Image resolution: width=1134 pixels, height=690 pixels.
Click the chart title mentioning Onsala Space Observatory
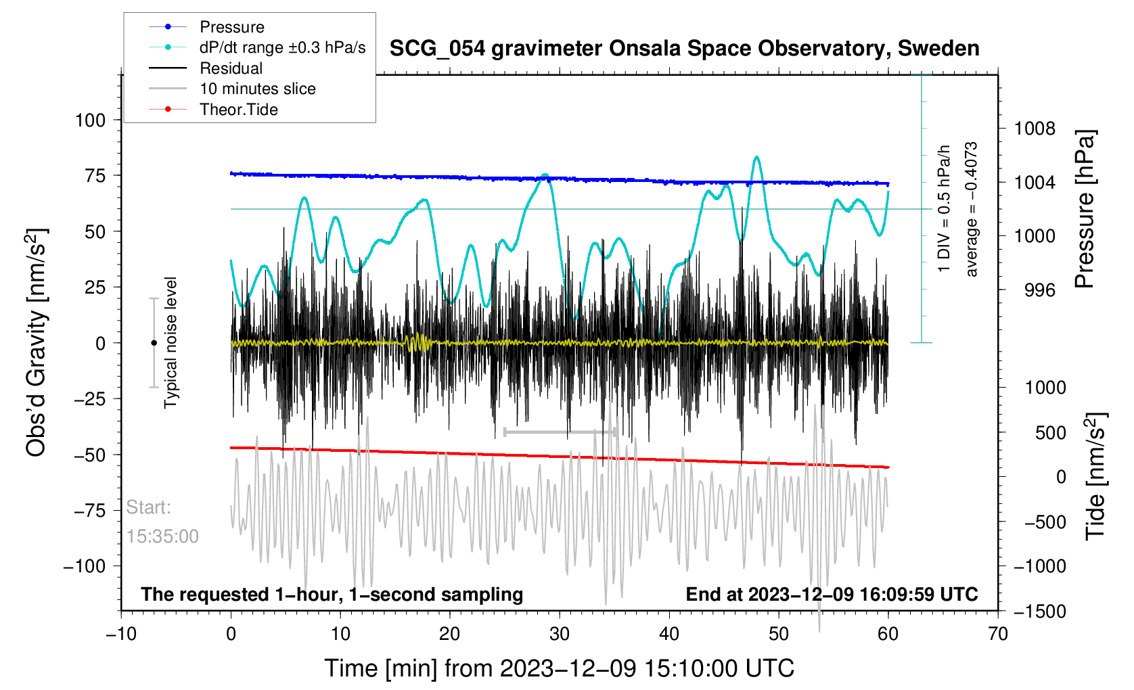click(x=684, y=49)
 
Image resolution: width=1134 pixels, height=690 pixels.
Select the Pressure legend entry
click(x=231, y=27)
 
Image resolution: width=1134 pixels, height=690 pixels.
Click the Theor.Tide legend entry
click(x=238, y=110)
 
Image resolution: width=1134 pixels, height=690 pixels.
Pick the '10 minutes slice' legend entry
click(x=257, y=89)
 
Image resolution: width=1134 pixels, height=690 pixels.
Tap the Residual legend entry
click(x=231, y=68)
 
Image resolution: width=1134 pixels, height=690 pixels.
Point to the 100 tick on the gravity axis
click(x=91, y=120)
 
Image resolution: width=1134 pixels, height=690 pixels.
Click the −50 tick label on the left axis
click(x=91, y=455)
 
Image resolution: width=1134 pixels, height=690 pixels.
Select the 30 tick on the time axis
click(x=560, y=634)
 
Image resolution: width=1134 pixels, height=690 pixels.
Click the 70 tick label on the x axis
click(x=997, y=634)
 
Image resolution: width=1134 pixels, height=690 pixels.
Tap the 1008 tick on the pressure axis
click(x=1034, y=129)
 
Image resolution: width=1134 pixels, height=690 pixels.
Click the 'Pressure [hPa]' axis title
click(x=1085, y=210)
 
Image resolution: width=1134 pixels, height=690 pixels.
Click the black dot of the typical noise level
click(x=154, y=343)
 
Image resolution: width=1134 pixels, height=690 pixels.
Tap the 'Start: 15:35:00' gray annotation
click(x=162, y=522)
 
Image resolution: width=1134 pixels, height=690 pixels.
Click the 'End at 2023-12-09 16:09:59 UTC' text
click(x=832, y=595)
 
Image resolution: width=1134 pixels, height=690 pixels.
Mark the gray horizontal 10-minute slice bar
click(x=560, y=432)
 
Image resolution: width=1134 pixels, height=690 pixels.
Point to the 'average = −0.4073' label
click(x=972, y=209)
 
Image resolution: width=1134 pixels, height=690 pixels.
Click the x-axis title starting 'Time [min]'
click(x=559, y=668)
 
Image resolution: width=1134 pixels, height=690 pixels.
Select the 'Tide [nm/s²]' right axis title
click(x=1095, y=476)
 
